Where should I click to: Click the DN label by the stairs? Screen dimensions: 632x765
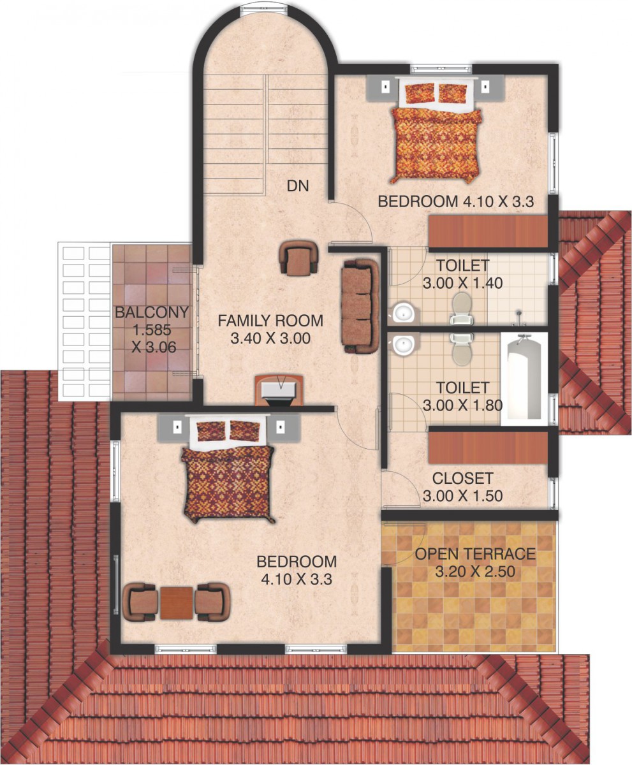click(298, 186)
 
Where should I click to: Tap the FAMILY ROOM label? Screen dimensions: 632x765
click(270, 321)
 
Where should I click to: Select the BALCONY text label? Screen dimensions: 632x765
click(152, 312)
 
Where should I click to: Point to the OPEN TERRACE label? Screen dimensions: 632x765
click(475, 553)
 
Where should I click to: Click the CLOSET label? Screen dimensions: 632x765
click(462, 478)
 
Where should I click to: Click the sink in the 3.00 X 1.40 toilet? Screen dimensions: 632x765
click(403, 313)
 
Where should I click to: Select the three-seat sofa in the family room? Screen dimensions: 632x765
click(360, 305)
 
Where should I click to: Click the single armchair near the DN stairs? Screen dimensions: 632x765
click(298, 258)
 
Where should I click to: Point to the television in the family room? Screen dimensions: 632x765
click(281, 391)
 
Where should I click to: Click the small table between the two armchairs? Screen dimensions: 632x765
click(176, 602)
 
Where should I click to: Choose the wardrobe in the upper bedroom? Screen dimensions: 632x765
click(488, 231)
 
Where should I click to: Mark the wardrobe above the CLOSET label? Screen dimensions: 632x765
click(488, 448)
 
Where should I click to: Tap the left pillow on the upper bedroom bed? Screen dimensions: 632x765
click(420, 93)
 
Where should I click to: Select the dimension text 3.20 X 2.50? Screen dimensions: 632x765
click(475, 571)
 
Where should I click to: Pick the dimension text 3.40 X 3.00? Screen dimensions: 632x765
click(270, 338)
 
